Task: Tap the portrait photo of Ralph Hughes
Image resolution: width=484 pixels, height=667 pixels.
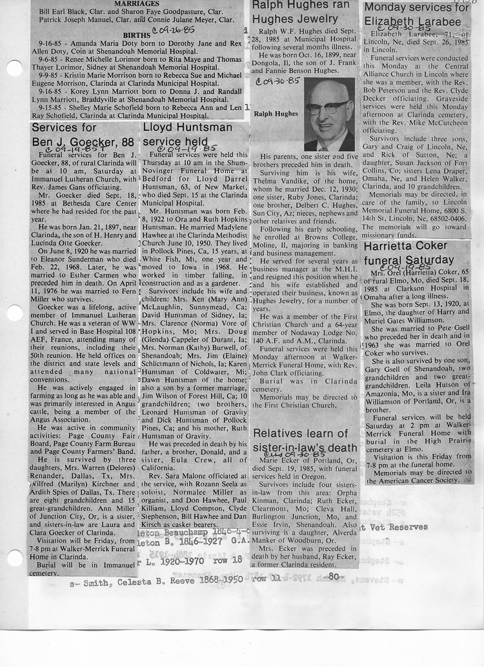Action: pos(328,114)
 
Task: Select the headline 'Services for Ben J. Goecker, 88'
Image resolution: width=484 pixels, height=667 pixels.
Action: pos(82,134)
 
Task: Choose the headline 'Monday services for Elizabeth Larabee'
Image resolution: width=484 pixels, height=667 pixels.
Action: pos(416,15)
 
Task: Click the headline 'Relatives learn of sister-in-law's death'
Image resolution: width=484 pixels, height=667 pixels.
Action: pos(304,440)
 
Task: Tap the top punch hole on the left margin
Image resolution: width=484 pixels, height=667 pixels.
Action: pos(14,68)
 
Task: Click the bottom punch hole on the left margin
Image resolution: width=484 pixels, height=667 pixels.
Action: pos(14,557)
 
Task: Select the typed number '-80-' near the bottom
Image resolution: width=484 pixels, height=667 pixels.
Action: pos(334,576)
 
